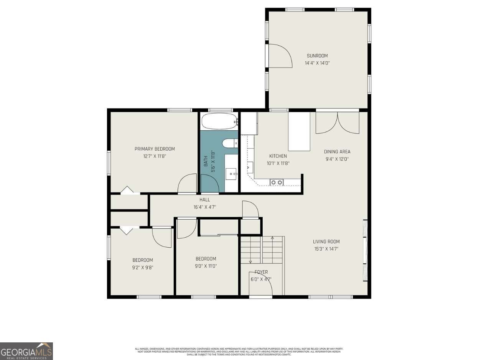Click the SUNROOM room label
click(x=317, y=56)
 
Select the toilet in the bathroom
click(x=230, y=143)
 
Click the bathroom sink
click(x=232, y=174)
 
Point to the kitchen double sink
click(x=277, y=182)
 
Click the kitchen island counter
click(x=299, y=131)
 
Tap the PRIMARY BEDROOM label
click(x=155, y=149)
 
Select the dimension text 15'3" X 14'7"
click(x=326, y=249)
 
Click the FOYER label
click(x=261, y=272)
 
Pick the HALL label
click(x=204, y=200)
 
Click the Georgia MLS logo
click(x=26, y=351)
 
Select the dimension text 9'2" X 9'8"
click(x=143, y=268)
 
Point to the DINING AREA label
click(x=337, y=151)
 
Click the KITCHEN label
click(x=278, y=156)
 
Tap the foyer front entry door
click(x=260, y=289)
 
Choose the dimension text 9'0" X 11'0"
click(x=206, y=266)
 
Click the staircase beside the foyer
click(x=262, y=250)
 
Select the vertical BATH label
click(x=206, y=161)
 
